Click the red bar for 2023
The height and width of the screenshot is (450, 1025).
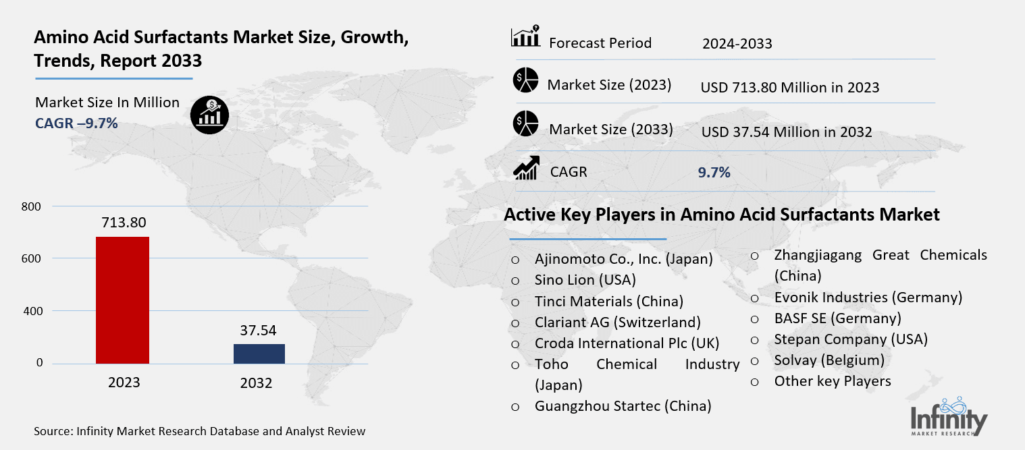(x=122, y=300)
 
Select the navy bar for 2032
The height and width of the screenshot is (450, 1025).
(x=259, y=354)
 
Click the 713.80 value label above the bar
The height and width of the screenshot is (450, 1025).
(x=122, y=223)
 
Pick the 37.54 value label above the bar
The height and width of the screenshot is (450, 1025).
(x=259, y=331)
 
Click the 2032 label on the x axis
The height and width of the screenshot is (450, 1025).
(x=256, y=383)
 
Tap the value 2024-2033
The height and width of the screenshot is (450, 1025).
(x=737, y=45)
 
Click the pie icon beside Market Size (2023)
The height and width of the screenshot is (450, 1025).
(x=525, y=81)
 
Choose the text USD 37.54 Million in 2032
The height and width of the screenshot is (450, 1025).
(x=787, y=132)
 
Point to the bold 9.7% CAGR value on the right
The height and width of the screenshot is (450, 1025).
(x=714, y=173)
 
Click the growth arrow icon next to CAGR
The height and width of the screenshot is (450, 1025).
(x=525, y=168)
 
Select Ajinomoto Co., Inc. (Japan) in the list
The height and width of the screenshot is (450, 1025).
(x=623, y=259)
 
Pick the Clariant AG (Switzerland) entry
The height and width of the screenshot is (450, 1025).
(x=617, y=322)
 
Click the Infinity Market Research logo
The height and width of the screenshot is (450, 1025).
(x=949, y=416)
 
